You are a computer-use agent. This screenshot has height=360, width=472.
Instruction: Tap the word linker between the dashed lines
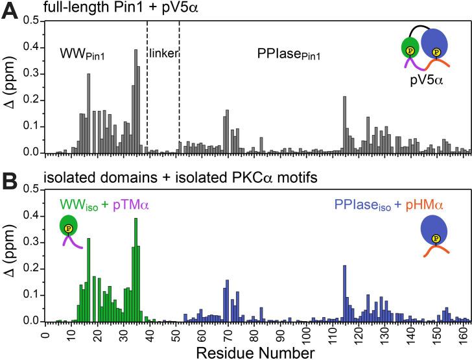[163, 54]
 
